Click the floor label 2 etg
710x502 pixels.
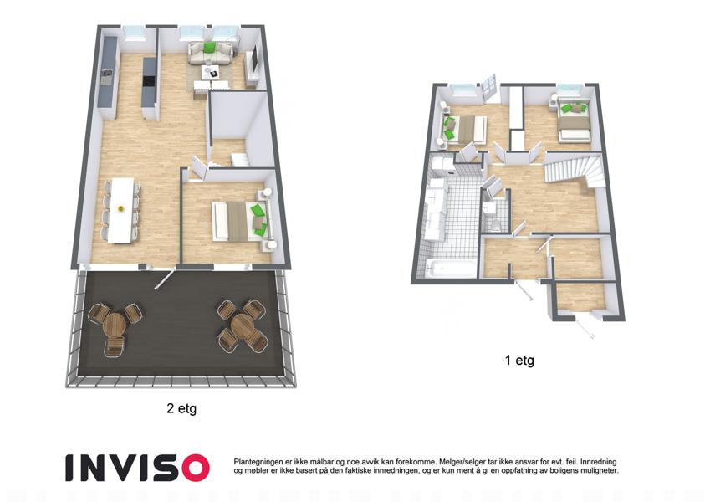[181, 408]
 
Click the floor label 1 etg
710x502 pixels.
[519, 361]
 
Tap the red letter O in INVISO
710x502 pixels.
[193, 468]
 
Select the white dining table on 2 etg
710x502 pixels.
[122, 210]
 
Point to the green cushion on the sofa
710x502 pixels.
[209, 48]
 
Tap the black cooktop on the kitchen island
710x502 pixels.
[149, 81]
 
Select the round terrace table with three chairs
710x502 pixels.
[114, 324]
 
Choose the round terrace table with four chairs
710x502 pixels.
[243, 325]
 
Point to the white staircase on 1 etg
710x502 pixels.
[575, 171]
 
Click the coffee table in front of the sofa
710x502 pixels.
[211, 72]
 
